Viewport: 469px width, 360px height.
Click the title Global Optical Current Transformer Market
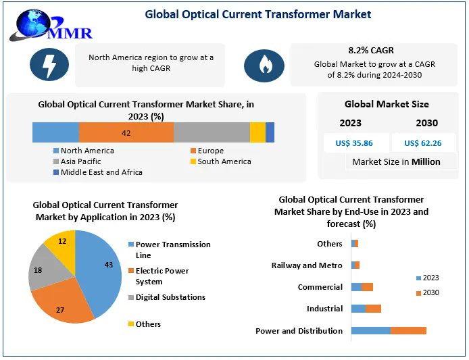(x=257, y=14)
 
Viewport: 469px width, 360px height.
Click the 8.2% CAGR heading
(x=370, y=50)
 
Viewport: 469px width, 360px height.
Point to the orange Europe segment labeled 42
(x=126, y=132)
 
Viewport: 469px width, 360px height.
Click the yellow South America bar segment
(x=257, y=132)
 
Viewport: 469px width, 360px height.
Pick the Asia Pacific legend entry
(x=80, y=161)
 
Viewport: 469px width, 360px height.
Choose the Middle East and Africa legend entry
(x=101, y=172)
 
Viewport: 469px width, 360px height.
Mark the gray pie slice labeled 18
(x=47, y=269)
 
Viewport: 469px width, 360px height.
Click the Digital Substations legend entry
(x=170, y=297)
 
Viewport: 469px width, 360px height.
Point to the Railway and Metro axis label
(x=307, y=265)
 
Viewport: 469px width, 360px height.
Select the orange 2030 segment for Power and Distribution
(x=408, y=330)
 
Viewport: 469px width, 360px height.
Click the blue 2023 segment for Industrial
(x=358, y=309)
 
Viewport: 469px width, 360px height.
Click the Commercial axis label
(x=320, y=287)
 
